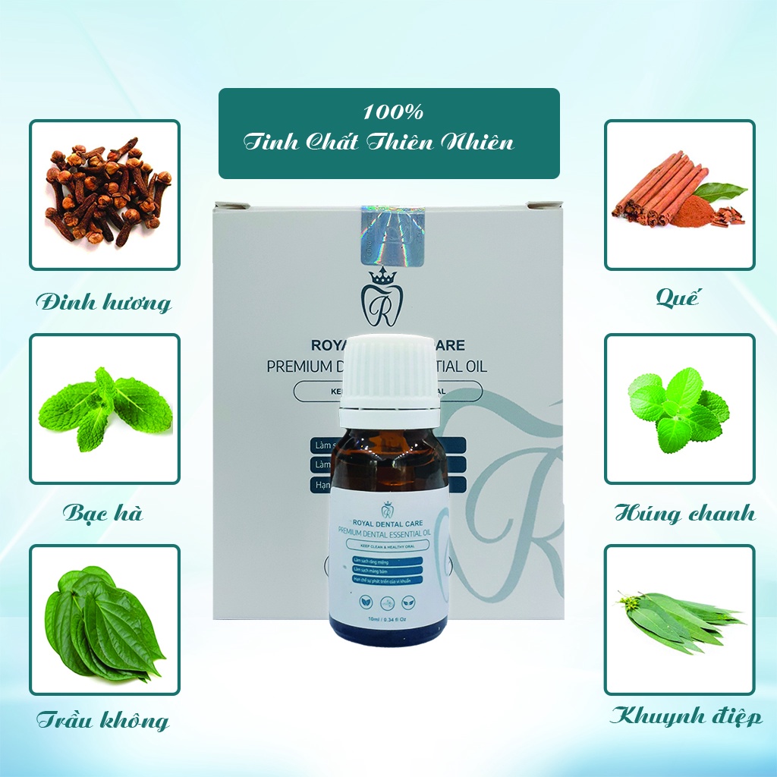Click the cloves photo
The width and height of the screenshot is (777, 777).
[104, 193]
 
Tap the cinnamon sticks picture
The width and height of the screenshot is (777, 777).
[679, 193]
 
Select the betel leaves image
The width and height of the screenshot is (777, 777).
[104, 620]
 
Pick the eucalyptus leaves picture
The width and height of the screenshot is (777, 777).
[679, 620]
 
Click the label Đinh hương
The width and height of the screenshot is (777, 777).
[104, 302]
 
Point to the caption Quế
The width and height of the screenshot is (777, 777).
[678, 297]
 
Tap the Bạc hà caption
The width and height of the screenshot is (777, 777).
[102, 513]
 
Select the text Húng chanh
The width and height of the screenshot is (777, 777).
[685, 513]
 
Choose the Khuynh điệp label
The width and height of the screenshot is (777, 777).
[687, 716]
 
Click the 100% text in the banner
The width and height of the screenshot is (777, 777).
[392, 112]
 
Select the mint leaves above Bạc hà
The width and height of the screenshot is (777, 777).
[104, 408]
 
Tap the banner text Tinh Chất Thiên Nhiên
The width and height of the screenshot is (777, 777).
[379, 143]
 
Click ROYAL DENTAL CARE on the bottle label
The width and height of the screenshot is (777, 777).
[388, 522]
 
